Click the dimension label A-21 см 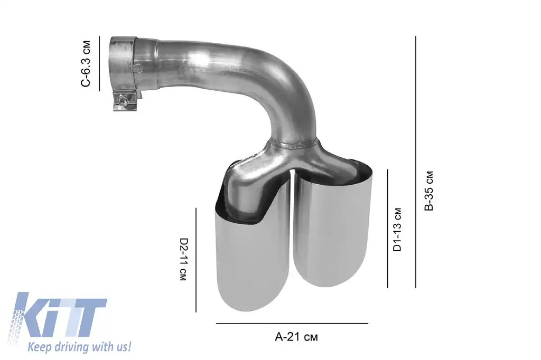(297, 337)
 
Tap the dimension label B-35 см (429, 191)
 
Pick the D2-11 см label (183, 259)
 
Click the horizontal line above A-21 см (292, 323)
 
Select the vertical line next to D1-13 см (387, 228)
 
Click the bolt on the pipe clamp (123, 99)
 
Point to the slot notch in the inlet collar (138, 68)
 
